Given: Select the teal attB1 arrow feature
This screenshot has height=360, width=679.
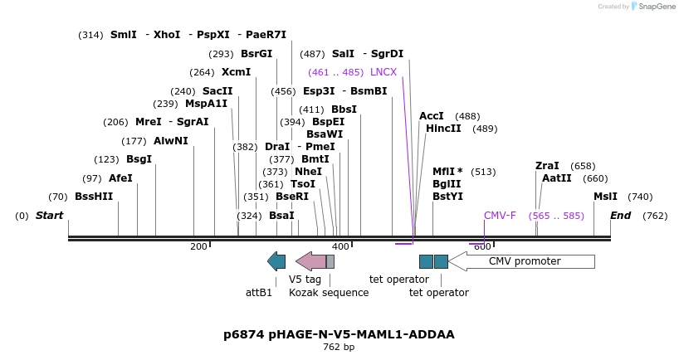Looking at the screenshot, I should click(276, 261).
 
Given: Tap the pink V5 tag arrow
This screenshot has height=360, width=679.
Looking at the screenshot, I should click(311, 261).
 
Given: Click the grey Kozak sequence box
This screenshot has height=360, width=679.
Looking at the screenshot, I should click(330, 261).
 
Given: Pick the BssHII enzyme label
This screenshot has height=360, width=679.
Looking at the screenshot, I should click(93, 197).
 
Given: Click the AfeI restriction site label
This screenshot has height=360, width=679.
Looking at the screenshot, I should click(120, 178).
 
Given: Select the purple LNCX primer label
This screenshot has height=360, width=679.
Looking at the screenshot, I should click(383, 72).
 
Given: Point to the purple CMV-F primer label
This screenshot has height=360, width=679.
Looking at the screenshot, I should click(500, 216).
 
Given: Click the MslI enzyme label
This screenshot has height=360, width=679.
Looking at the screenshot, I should click(605, 197).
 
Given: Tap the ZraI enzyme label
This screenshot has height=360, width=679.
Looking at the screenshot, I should click(547, 166).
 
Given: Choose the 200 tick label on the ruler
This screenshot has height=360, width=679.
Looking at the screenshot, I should click(198, 246).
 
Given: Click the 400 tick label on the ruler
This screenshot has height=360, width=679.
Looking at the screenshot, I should click(340, 246).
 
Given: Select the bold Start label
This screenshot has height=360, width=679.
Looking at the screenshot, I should click(49, 216).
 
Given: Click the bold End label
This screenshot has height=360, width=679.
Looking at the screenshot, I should click(621, 216).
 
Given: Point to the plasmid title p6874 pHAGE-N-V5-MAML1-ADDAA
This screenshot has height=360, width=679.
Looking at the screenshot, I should click(339, 334).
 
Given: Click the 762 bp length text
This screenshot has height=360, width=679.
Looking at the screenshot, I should click(339, 348).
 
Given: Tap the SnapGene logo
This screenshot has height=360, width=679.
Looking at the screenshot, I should click(651, 7).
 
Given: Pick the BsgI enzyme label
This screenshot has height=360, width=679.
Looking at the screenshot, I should click(139, 159).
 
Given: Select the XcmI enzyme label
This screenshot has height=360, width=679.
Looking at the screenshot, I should click(236, 72).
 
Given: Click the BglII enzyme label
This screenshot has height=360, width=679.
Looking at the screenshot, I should click(447, 184).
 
